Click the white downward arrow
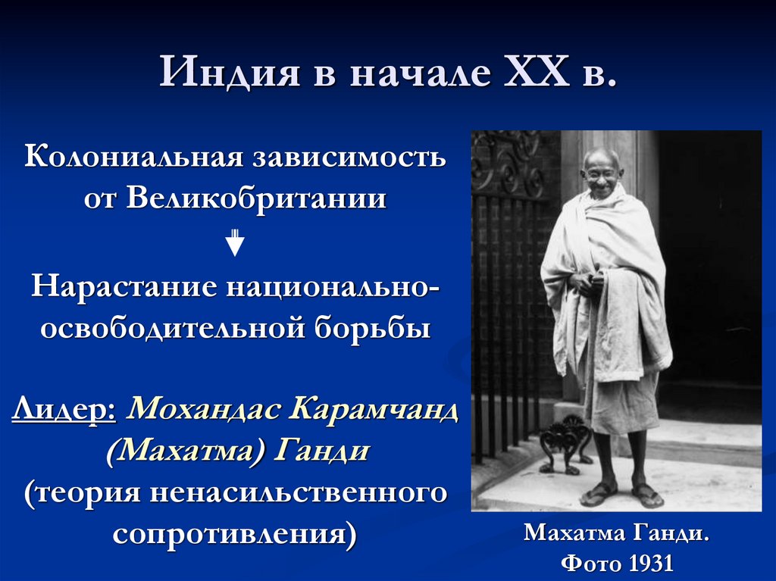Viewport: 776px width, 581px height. click(x=236, y=243)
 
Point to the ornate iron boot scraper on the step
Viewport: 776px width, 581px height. click(x=564, y=446)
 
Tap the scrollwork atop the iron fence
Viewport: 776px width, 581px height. click(x=508, y=163)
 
